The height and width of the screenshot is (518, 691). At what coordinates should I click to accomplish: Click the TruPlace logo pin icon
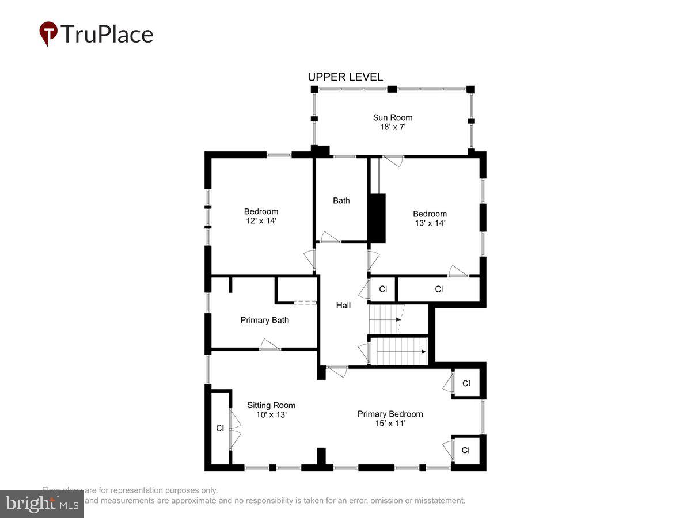48,33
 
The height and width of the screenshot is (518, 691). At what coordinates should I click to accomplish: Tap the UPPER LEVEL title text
345,77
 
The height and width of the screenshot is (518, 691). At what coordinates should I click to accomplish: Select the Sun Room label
392,117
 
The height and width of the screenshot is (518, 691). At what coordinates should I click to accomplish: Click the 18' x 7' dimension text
392,127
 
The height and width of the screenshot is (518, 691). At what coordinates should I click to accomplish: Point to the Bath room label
341,201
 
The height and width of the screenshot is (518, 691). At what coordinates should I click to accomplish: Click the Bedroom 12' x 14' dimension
261,220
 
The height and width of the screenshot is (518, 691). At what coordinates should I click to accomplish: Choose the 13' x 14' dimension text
430,223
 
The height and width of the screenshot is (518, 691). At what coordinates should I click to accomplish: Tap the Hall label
343,306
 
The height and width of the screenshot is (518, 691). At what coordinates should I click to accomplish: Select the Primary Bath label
264,320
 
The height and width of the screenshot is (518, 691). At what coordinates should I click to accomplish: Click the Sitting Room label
271,405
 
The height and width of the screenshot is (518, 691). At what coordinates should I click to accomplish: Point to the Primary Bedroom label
390,414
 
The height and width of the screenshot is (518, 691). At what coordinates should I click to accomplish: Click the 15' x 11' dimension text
390,423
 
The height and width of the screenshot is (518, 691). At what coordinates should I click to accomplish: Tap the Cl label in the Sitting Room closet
219,428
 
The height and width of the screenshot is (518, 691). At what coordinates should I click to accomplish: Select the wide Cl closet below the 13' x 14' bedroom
439,289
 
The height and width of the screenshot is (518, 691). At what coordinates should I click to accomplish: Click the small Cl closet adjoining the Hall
382,289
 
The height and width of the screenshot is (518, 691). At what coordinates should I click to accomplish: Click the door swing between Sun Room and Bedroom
393,162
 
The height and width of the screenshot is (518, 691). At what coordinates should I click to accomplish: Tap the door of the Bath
331,237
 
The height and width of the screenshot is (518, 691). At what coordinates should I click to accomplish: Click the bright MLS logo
41,504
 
